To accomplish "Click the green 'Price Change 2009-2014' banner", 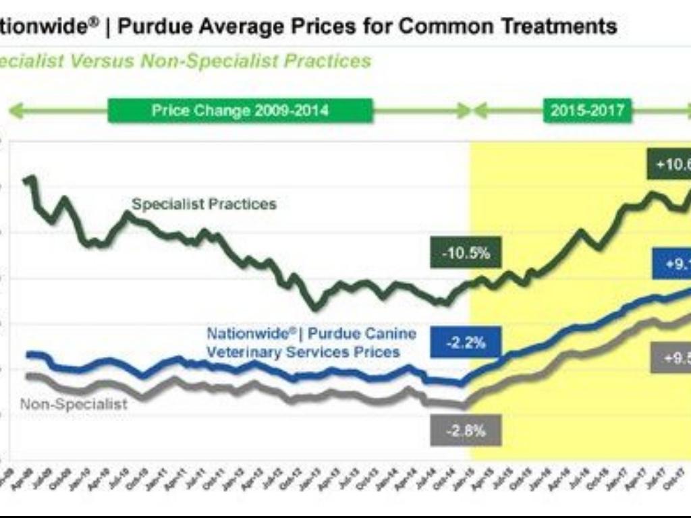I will tap(240, 110).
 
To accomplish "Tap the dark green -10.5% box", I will tap(466, 254).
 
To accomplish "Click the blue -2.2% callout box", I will tap(465, 342).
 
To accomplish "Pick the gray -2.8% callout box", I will tap(464, 430).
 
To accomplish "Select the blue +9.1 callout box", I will tap(672, 264).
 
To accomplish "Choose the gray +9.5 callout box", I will tap(671, 358).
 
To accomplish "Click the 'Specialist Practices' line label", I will tap(204, 204).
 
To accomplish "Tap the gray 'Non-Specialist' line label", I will tap(74, 404).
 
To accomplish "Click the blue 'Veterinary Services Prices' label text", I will tap(303, 352).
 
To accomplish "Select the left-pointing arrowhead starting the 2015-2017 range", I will tap(480, 110).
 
